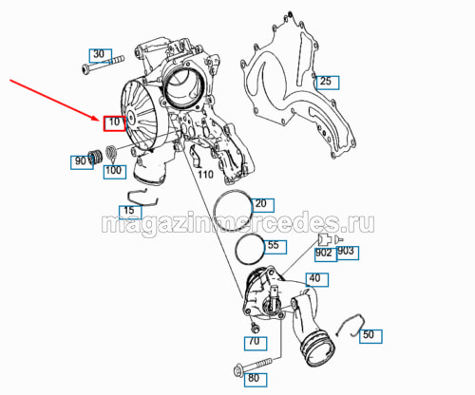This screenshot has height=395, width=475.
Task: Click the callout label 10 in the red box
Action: pos(115,123)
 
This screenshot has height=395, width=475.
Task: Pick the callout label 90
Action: pos(82,162)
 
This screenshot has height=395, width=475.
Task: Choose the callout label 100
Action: pos(115,172)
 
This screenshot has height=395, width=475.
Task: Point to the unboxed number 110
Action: pos(205,175)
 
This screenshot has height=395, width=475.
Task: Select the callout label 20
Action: pos(262,205)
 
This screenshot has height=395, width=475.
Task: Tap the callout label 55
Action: pos(275,247)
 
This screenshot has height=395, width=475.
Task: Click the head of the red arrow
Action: pos(101,120)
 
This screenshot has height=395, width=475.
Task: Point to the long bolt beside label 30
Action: pos(103,64)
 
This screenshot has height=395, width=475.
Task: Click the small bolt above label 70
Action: pos(255,329)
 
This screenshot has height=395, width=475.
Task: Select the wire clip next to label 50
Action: pos(351,326)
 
